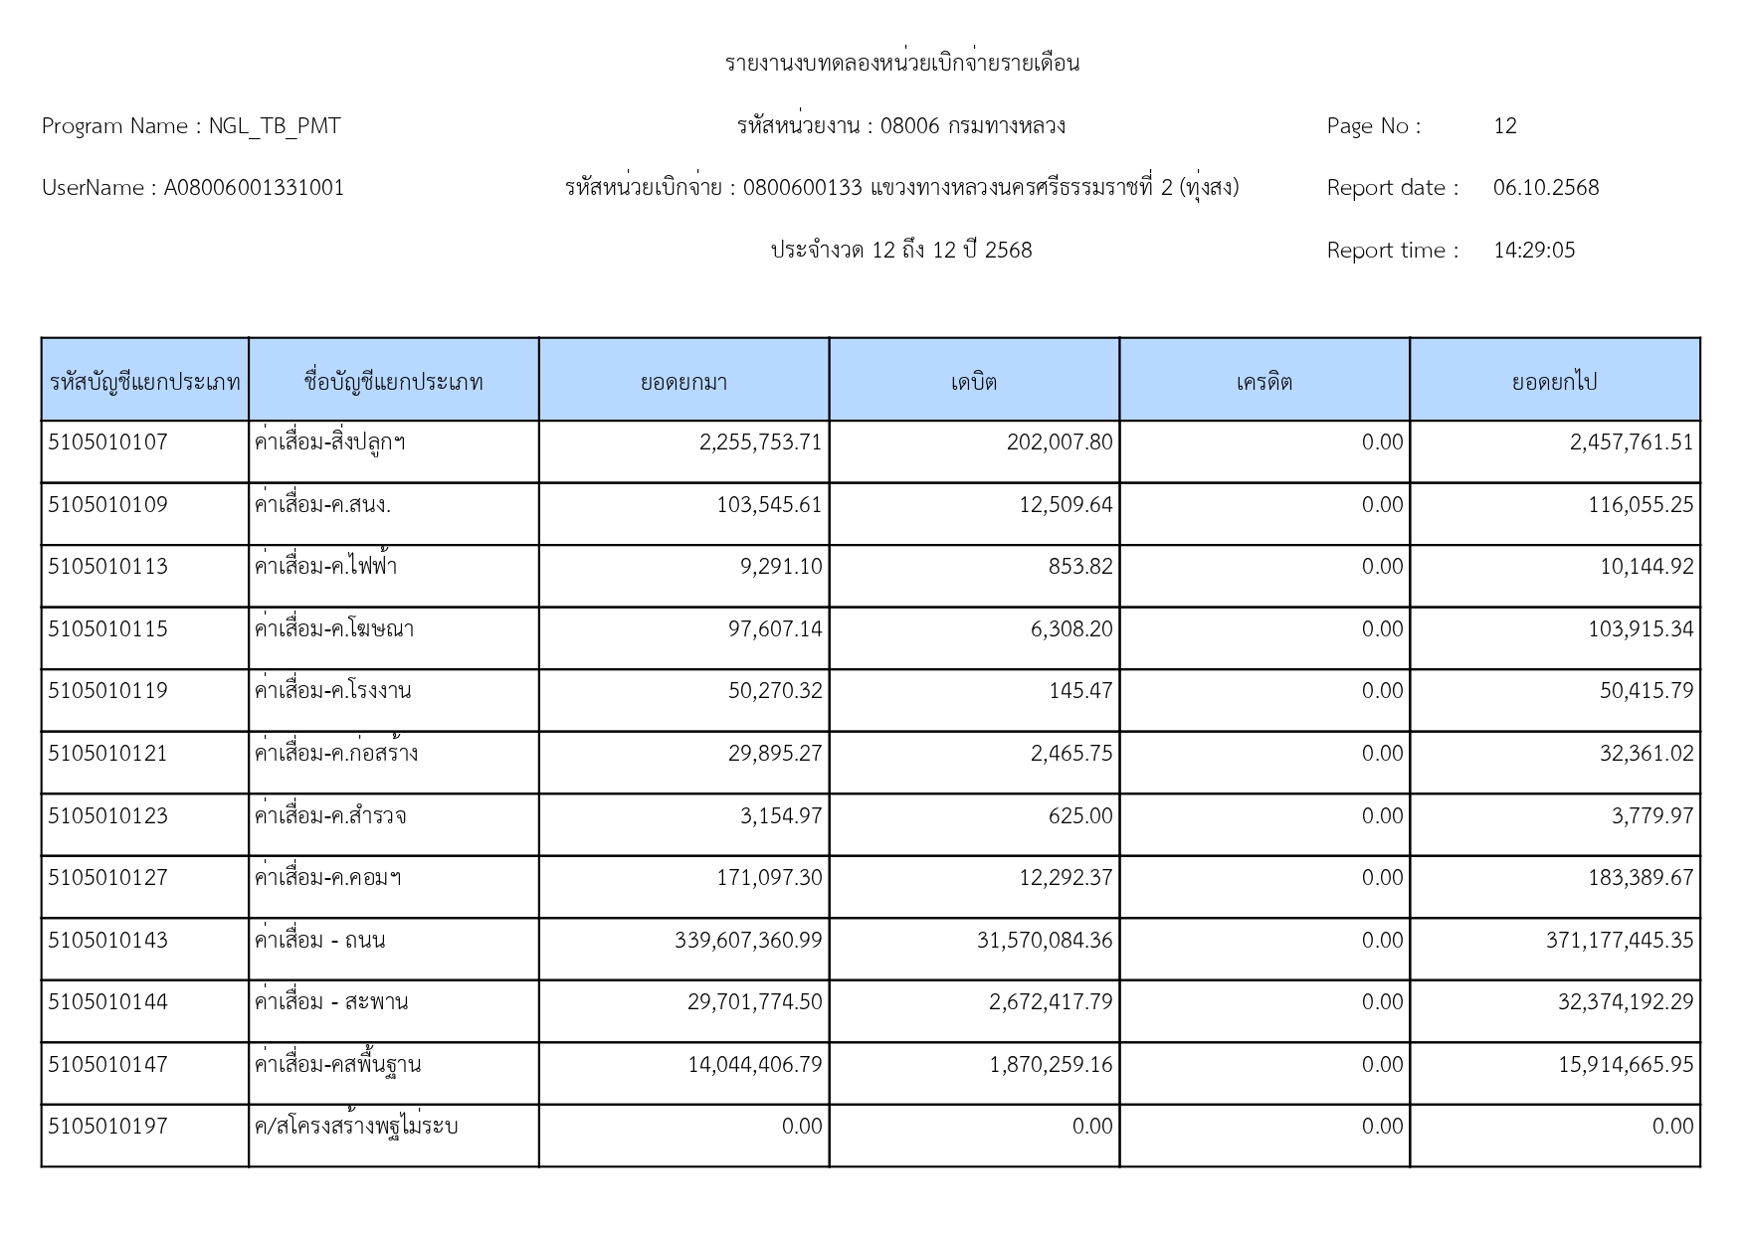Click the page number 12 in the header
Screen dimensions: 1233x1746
tap(1504, 126)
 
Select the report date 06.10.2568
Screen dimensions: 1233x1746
tap(1545, 188)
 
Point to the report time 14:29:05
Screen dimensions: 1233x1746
tap(1533, 251)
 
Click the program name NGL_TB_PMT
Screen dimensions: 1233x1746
tap(274, 126)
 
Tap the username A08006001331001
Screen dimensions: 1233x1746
tap(254, 188)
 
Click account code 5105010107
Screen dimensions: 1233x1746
tap(108, 442)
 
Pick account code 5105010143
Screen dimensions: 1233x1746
tap(108, 941)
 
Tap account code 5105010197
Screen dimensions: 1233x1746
tap(108, 1127)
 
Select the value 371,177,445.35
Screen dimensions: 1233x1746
tap(1619, 941)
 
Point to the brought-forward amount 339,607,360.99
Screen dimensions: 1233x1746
tap(748, 941)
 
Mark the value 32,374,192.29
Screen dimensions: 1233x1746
tap(1625, 1002)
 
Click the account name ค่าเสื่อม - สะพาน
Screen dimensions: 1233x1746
tap(331, 1002)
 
